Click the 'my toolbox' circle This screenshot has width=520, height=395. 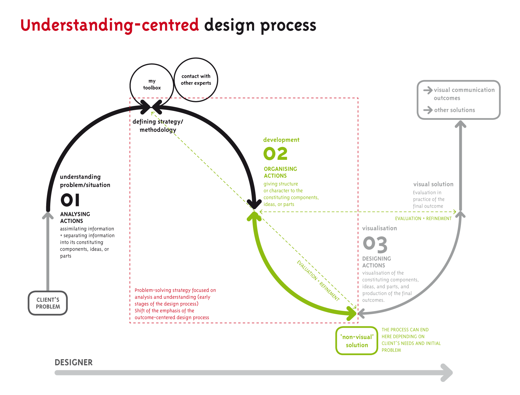[152, 84]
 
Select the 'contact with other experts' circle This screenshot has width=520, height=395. [196, 80]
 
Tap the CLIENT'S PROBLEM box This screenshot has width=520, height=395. [48, 303]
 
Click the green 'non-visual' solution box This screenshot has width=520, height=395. [357, 341]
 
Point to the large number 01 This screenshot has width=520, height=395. [70, 200]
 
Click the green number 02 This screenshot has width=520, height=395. [275, 154]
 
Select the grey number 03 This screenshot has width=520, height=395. [375, 244]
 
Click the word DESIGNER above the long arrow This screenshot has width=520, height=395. [73, 363]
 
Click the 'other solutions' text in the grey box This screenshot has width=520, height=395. [454, 110]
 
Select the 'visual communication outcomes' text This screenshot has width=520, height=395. [464, 94]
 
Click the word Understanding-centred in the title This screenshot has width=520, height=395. [110, 25]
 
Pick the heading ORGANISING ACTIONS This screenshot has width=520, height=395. [280, 172]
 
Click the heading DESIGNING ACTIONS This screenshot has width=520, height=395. [376, 262]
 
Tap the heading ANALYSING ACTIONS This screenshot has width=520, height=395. [75, 217]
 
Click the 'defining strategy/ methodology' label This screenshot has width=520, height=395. [158, 126]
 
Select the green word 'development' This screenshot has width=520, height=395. [281, 140]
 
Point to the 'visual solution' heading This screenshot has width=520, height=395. [433, 184]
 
